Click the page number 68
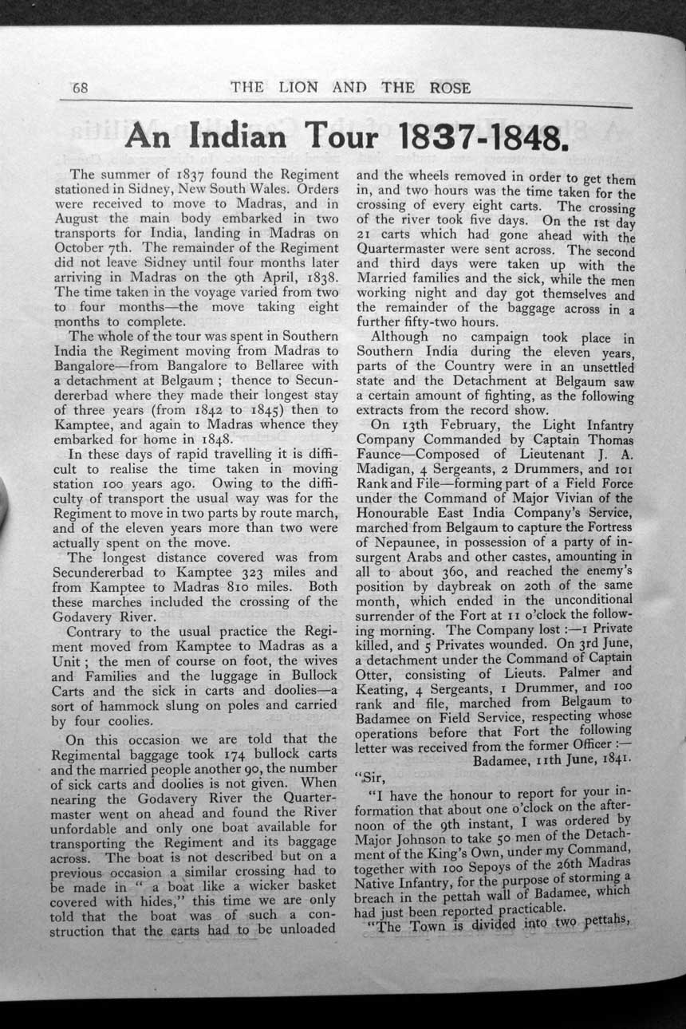pos(80,88)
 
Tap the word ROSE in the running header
pos(450,88)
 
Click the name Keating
pos(383,687)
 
